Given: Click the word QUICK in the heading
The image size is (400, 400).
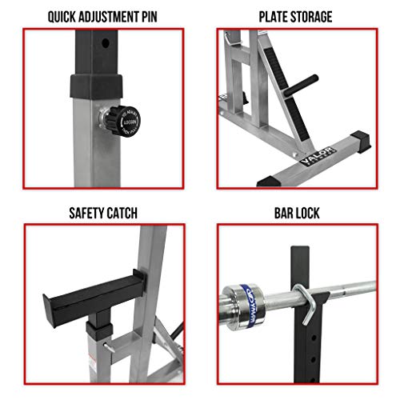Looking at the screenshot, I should (x=66, y=16).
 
